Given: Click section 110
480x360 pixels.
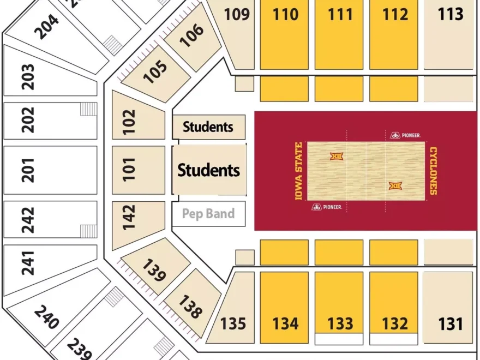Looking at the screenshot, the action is point(285,15).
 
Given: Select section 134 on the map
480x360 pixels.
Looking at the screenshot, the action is point(285,323).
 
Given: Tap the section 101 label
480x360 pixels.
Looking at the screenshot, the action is point(129,170).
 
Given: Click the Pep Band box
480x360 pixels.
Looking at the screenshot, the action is point(208,213).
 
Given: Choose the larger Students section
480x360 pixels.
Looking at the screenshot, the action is point(208,170).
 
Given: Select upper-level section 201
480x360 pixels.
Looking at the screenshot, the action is point(28,170).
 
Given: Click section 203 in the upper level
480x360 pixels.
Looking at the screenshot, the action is point(28,77).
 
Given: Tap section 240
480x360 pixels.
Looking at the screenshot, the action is point(46,317).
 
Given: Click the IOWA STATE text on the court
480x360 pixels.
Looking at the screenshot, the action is point(298,171).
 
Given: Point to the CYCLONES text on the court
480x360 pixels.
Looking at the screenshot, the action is point(433,171).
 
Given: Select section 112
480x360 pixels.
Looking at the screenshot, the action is point(395,15).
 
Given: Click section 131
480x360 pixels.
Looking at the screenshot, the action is point(450,323).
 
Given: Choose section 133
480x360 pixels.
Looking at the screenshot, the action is point(340,323).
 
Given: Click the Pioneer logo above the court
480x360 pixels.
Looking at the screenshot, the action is point(406,135).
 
